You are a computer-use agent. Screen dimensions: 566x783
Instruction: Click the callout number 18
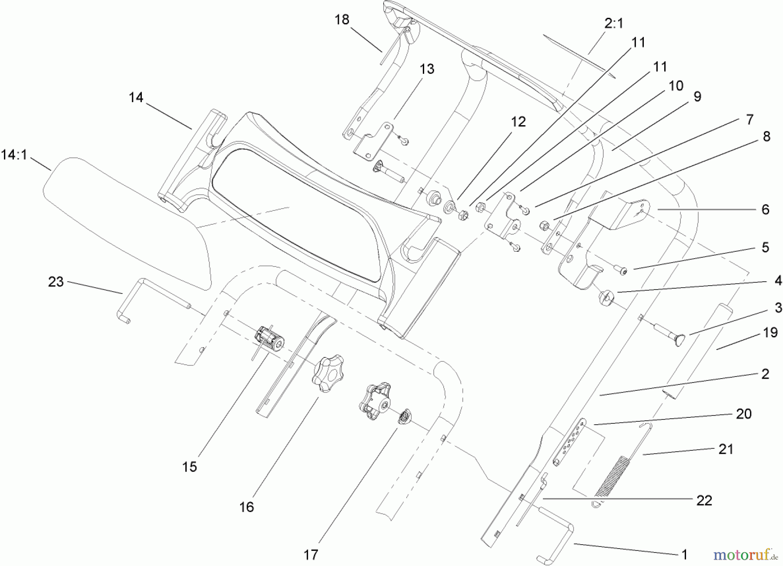[x=342, y=20]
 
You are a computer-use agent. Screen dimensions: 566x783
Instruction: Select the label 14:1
[x=14, y=154]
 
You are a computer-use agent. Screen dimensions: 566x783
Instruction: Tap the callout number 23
[x=56, y=282]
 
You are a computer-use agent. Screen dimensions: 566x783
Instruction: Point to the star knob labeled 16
[x=327, y=373]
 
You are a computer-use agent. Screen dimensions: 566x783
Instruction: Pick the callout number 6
[x=765, y=210]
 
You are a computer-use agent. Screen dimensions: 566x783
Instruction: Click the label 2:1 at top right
[x=613, y=23]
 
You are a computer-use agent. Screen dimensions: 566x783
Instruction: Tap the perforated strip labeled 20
[x=569, y=442]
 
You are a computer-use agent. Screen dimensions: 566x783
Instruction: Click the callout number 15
[x=190, y=467]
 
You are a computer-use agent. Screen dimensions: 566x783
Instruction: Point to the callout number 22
[x=704, y=500]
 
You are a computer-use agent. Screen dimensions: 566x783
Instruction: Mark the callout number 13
[x=427, y=69]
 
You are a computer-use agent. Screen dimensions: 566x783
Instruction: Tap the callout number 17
[x=311, y=555]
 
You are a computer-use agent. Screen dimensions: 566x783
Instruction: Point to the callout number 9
[x=697, y=97]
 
